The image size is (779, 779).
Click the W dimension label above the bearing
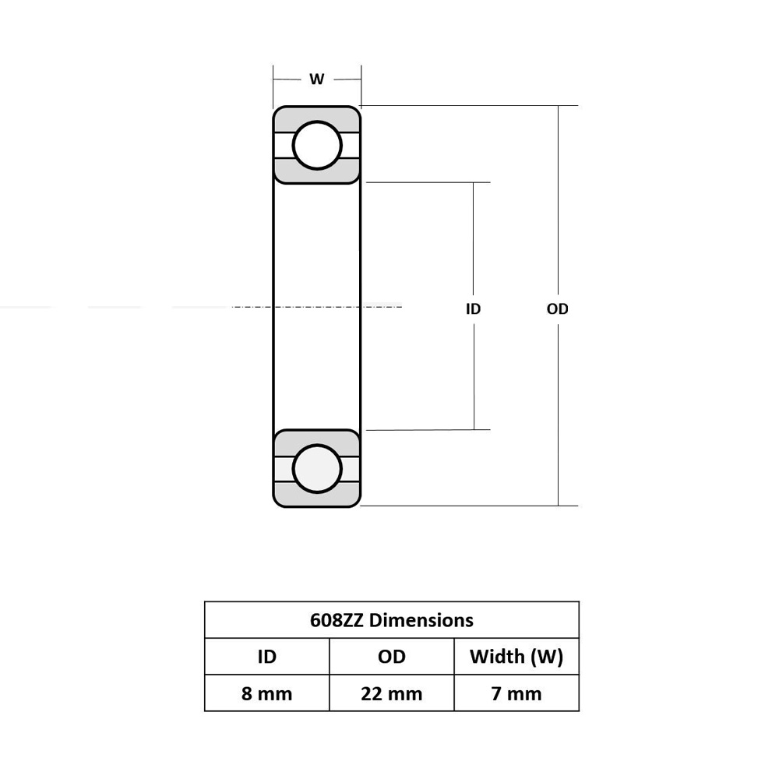pos(316,79)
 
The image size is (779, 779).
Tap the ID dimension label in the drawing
pos(473,309)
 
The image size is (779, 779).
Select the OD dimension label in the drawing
pos(557,309)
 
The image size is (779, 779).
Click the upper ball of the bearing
pos(317,146)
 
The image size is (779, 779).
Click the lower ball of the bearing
pos(317,469)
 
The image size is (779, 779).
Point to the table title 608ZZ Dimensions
pos(391,620)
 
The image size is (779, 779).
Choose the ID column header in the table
pos(266,657)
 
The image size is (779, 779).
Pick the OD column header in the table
pos(391,657)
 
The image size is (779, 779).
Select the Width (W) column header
pos(516,657)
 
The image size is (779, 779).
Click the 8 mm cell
pos(266,693)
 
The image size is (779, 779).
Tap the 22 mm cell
pos(391,693)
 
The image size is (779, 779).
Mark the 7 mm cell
pos(516,693)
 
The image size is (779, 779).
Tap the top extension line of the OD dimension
pos(467,105)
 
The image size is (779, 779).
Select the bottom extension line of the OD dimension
pos(467,506)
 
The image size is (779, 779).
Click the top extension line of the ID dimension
pos(428,182)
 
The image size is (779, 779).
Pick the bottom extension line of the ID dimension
pos(428,429)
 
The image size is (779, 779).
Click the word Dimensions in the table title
pos(421,620)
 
